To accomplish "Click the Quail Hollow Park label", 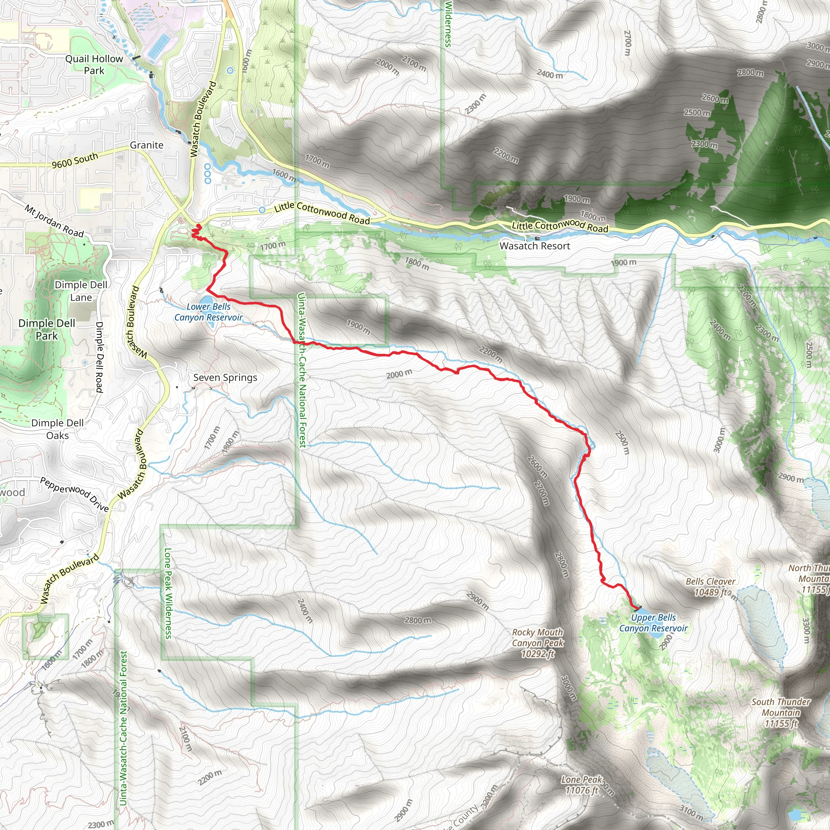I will (x=94, y=65).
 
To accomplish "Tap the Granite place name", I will (x=146, y=145).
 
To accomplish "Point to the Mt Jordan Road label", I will (x=54, y=221).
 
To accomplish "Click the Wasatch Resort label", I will (x=535, y=246).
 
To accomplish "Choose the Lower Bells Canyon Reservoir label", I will (x=208, y=312).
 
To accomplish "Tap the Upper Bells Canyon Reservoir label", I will (x=653, y=623).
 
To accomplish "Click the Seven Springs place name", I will (x=225, y=378).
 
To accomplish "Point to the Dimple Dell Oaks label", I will (x=58, y=429).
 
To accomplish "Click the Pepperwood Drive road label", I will (x=74, y=494).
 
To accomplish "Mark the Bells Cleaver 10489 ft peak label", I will (x=710, y=587).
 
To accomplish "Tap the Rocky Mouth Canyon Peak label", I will (x=537, y=643).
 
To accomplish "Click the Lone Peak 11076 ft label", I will (x=582, y=785).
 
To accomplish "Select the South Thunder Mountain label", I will (x=781, y=713).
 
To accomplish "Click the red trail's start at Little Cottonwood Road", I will (x=199, y=226).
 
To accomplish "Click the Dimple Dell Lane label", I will (x=81, y=291).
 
